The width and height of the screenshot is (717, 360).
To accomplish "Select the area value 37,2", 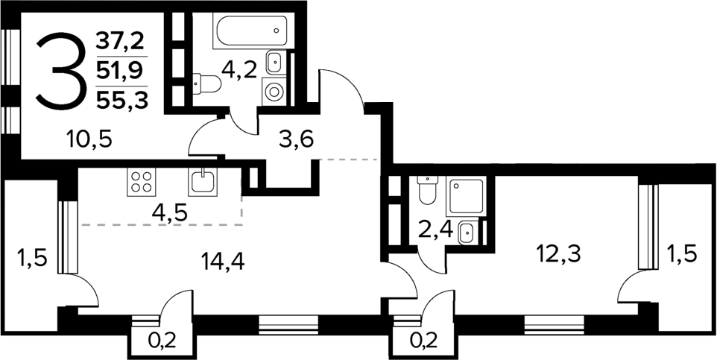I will (121, 42).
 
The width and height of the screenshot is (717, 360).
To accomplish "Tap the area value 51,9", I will (121, 72).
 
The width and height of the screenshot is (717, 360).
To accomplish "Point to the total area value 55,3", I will (121, 99).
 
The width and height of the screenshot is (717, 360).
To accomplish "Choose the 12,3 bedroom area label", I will (558, 253).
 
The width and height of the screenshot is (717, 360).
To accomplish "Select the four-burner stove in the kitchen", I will (142, 181).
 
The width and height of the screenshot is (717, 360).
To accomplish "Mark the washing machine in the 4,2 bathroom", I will (274, 92).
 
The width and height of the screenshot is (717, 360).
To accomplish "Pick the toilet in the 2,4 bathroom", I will (426, 190).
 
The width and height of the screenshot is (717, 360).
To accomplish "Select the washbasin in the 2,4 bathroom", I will (466, 233).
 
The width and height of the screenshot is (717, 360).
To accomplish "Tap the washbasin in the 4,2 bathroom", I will (274, 62).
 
